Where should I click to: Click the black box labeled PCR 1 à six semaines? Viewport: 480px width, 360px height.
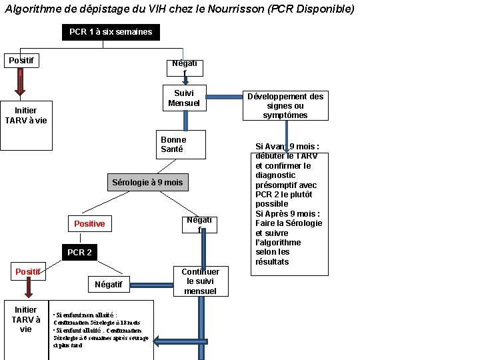point(111,32)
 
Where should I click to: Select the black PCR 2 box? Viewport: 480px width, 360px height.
point(79,253)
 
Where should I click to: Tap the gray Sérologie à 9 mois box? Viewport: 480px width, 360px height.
point(147,182)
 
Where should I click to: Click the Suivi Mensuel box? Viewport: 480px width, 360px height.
point(183,98)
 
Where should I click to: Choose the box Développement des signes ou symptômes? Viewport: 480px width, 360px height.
point(285,105)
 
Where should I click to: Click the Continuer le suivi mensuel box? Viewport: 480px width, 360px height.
point(200,281)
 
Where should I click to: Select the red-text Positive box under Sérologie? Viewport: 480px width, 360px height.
point(89,224)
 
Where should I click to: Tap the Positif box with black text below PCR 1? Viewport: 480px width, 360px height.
point(22,61)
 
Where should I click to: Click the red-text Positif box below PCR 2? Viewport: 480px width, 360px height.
point(28,272)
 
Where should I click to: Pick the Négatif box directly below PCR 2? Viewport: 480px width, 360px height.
point(109,285)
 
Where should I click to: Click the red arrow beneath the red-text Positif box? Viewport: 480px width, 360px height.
point(29,289)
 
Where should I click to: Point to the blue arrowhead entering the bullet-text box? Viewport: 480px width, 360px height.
point(159,341)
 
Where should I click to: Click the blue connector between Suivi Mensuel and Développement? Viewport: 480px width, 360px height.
point(225,97)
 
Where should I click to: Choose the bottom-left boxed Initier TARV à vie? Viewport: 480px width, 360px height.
point(25,319)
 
